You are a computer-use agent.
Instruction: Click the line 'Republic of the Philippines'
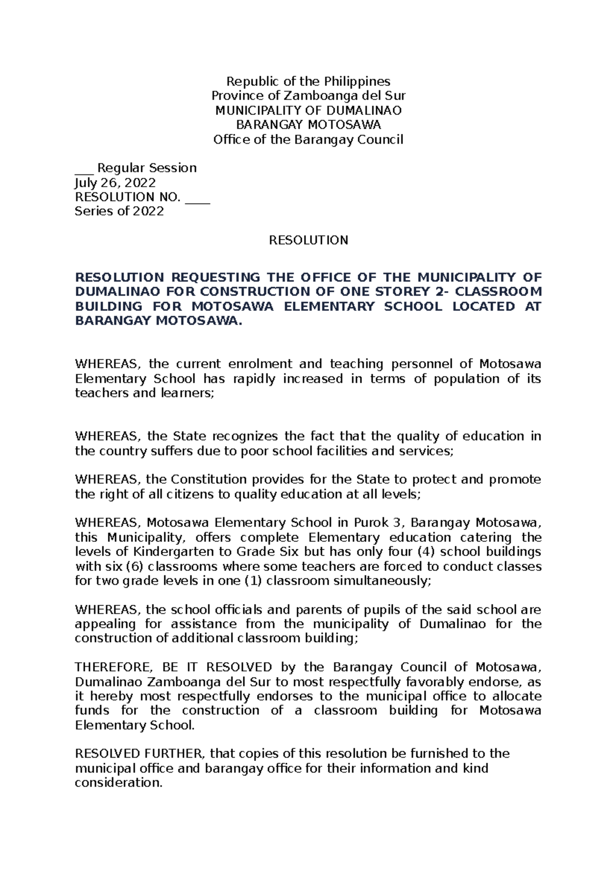[309, 81]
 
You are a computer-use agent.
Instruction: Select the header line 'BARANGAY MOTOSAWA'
[309, 125]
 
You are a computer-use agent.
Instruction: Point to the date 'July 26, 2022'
[115, 183]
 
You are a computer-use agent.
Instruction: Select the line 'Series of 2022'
[119, 211]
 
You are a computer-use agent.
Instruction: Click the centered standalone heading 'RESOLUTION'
[309, 240]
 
